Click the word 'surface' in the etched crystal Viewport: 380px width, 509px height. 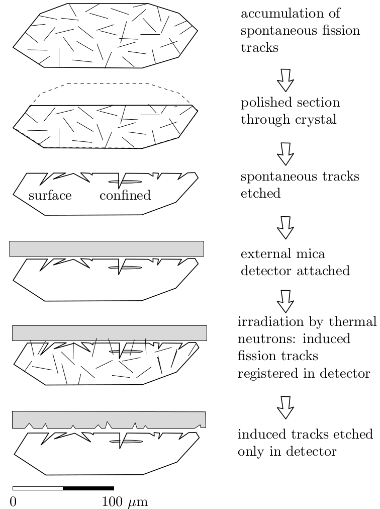point(50,196)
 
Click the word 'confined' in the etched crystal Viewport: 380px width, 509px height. point(125,196)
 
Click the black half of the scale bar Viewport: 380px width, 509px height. point(88,488)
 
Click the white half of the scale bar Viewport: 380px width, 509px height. point(38,488)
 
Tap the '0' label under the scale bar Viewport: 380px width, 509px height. point(14,501)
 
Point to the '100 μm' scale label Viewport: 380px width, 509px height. point(125,501)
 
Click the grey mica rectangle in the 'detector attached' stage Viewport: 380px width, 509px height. point(107,248)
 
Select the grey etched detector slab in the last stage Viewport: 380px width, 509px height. point(109,418)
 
